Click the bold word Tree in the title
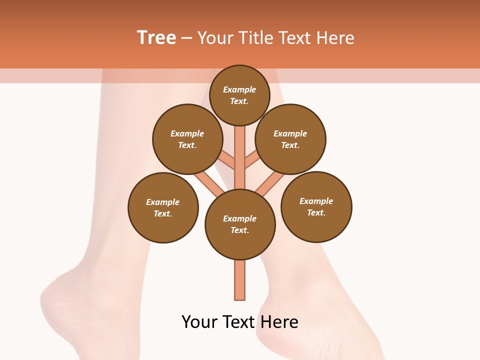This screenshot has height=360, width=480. pos(156,38)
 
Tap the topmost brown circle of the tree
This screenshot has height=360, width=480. pos(239,95)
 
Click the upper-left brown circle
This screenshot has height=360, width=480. pos(187,139)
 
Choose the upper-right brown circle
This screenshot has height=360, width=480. pos(290,139)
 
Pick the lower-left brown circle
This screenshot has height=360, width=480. pos(163,207)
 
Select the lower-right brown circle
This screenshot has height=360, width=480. pos(316,206)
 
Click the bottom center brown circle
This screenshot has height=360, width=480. pos(240,224)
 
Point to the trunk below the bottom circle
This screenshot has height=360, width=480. pos(240,280)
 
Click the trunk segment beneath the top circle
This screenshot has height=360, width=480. pos(240,150)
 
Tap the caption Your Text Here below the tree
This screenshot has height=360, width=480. pos(240,322)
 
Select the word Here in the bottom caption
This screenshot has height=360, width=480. pos(281,322)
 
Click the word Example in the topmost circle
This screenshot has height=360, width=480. pos(239,89)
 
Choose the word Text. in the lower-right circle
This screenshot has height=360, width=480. pos(316,212)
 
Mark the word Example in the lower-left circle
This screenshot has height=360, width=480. pos(163,202)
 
